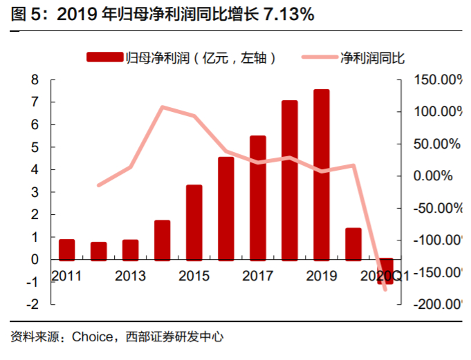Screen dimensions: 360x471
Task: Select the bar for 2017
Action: point(257,197)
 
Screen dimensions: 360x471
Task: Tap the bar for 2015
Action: point(194,222)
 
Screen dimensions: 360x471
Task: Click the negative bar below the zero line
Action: point(385,271)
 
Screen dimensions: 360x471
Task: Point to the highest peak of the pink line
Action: point(162,107)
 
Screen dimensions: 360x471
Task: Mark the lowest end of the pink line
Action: point(385,289)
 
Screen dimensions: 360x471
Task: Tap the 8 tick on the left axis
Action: point(35,80)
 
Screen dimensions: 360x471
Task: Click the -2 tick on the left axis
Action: point(33,304)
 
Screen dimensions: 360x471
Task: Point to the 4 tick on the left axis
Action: point(35,170)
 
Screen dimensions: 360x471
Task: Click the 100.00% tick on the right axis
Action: point(436,112)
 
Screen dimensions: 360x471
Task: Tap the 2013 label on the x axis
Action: point(130,276)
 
